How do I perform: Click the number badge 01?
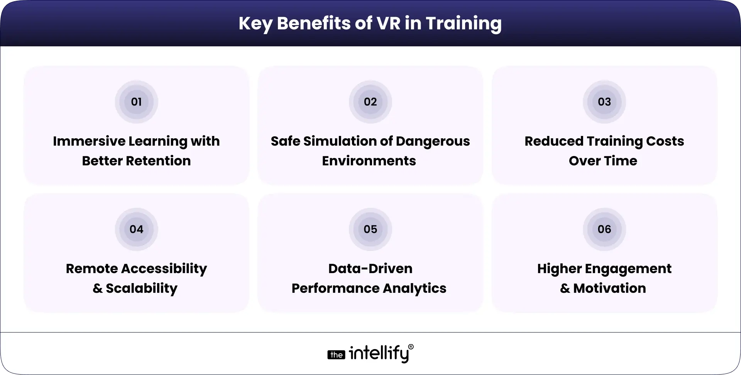(136, 102)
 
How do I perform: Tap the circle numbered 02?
(370, 102)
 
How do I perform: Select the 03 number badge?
(604, 102)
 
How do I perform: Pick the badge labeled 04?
(136, 229)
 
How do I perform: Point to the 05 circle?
(370, 229)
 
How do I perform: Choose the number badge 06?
(604, 229)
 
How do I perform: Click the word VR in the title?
(386, 23)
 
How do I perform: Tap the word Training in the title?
(464, 24)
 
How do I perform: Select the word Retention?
(158, 161)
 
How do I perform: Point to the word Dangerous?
(433, 142)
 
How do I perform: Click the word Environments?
(369, 161)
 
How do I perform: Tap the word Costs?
(665, 141)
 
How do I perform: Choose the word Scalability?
(142, 288)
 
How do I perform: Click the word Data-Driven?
(370, 269)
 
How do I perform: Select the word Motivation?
(609, 288)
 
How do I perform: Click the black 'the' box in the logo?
(337, 355)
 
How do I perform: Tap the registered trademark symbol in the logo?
(411, 347)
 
